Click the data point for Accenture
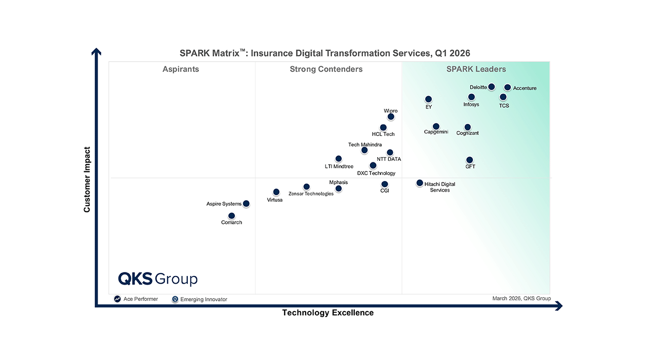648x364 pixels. tap(507, 87)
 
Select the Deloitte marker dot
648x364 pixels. tap(491, 87)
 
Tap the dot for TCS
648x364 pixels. tap(503, 97)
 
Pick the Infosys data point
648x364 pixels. tap(471, 97)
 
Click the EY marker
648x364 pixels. tap(428, 100)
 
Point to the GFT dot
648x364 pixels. tap(469, 160)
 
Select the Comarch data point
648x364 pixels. tap(231, 216)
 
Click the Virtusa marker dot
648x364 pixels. tap(276, 192)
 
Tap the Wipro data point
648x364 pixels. tap(391, 117)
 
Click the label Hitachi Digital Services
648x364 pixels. tap(439, 187)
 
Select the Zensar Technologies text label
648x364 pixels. tap(311, 194)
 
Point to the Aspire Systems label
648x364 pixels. tap(224, 204)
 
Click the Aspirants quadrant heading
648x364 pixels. tap(181, 69)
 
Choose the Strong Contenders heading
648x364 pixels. tap(326, 69)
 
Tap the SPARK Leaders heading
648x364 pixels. tap(476, 69)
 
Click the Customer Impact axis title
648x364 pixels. tap(87, 179)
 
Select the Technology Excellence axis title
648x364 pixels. tap(328, 313)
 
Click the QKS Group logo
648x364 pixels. tap(157, 279)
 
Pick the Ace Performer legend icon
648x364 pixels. tap(117, 299)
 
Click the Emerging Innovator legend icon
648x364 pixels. tap(175, 299)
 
